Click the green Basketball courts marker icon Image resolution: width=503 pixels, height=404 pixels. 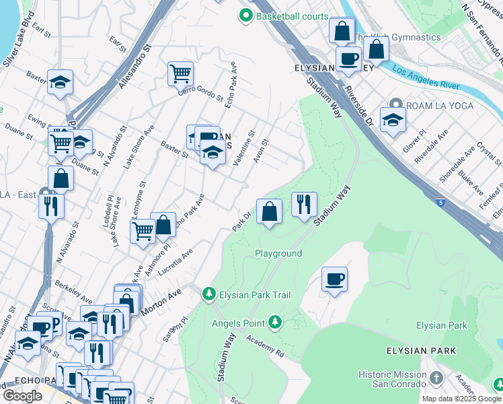click(246, 15)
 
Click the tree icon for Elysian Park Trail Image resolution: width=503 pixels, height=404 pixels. click(209, 294)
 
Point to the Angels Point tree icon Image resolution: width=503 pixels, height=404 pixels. click(274, 323)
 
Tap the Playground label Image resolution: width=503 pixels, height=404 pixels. click(278, 253)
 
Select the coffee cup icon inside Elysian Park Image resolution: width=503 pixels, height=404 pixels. click(334, 279)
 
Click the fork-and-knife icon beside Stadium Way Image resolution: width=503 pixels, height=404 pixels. click(304, 203)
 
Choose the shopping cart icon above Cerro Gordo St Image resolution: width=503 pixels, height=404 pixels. click(180, 72)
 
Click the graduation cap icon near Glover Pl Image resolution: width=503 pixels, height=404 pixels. click(393, 120)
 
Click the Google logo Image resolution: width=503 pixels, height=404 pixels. click(22, 396)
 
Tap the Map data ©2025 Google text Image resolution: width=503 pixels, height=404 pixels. click(461, 399)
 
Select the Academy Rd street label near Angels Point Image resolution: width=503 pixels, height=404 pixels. click(264, 346)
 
